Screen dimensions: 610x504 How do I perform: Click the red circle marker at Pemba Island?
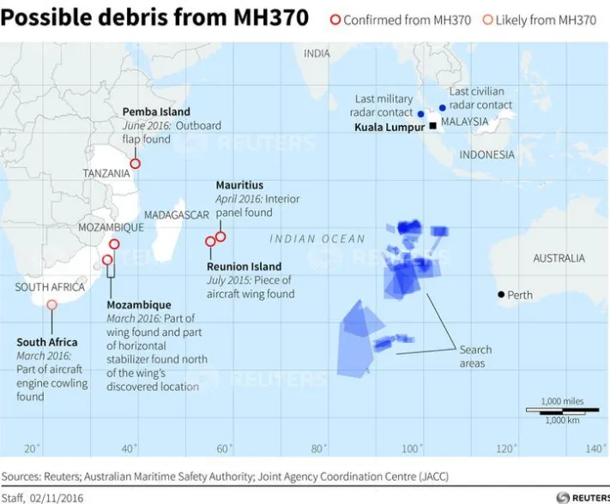[x=135, y=163]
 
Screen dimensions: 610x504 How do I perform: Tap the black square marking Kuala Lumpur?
[x=433, y=126]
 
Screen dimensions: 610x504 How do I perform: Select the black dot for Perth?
[x=501, y=295]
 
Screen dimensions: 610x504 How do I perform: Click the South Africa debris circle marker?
[x=51, y=304]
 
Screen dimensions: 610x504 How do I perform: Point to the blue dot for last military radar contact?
[x=420, y=113]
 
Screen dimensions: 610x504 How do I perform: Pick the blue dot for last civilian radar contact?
[x=443, y=108]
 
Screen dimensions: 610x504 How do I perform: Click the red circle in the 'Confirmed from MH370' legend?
[x=335, y=20]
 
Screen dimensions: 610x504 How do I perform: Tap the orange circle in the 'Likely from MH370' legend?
[x=487, y=20]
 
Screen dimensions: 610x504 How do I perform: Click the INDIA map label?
[x=317, y=54]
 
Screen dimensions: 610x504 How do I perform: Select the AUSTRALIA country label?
[x=559, y=258]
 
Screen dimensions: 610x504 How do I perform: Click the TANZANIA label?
[x=106, y=173]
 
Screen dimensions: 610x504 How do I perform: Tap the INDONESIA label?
[x=486, y=155]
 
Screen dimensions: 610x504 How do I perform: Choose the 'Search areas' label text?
[x=475, y=357]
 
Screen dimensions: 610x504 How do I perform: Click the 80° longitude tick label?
[x=318, y=448]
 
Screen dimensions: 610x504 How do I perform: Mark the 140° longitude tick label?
[x=595, y=448]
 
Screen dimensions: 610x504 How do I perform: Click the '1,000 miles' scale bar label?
[x=562, y=401]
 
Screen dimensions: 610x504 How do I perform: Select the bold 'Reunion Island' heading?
[x=244, y=267]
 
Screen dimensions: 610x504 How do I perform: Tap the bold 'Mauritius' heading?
[x=239, y=185]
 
